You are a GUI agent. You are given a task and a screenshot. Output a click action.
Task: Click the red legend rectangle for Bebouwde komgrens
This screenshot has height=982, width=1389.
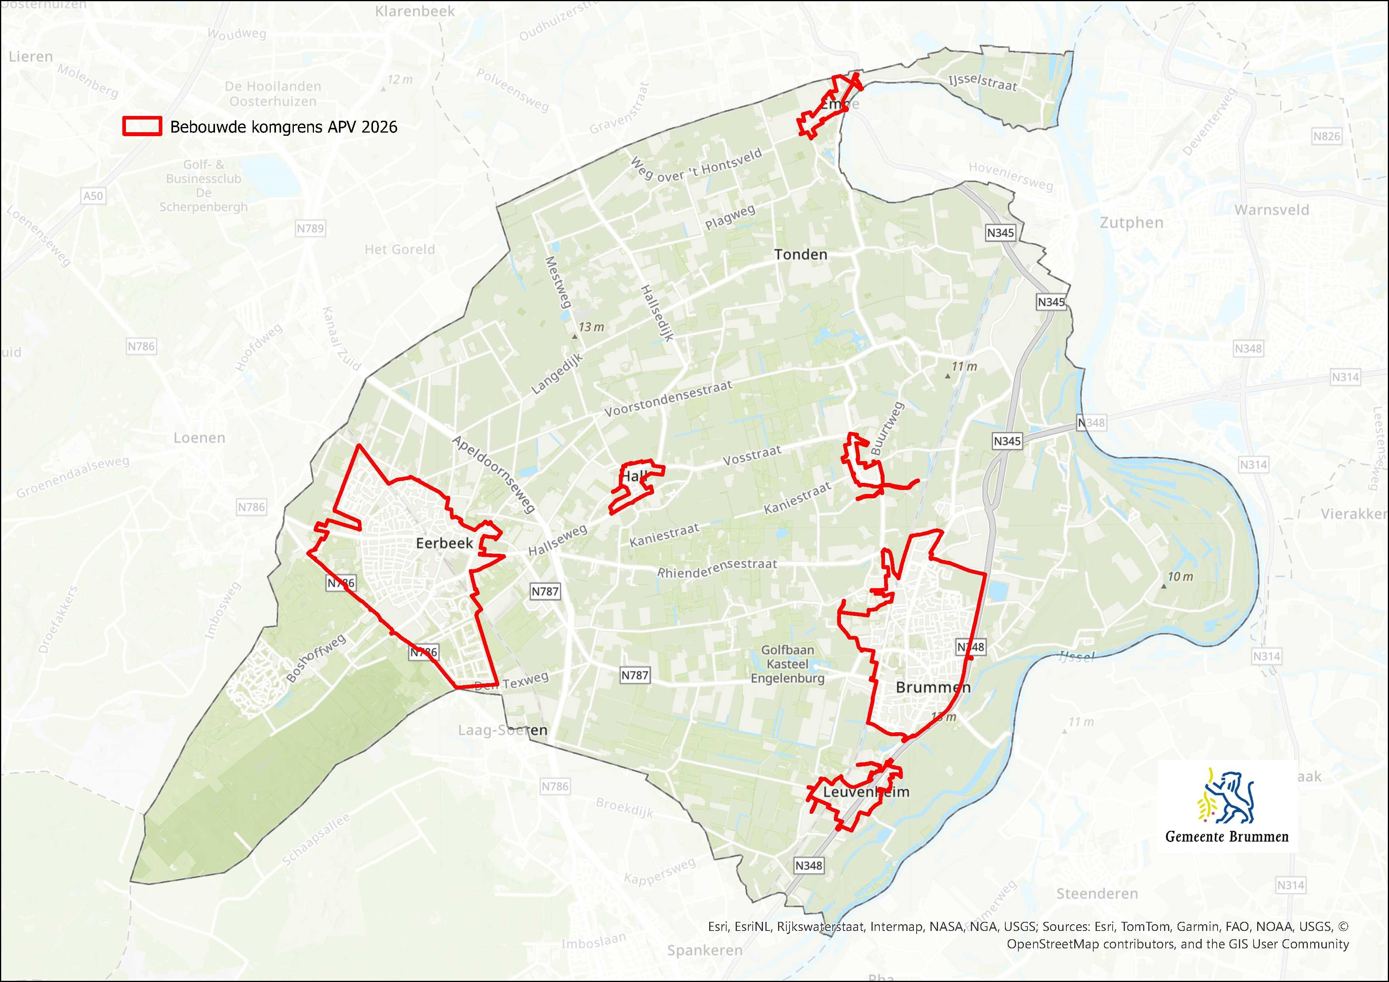click(142, 126)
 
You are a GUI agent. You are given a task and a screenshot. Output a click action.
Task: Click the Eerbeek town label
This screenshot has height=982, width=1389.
click(444, 543)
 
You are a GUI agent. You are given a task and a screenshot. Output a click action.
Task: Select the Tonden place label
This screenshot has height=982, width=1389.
click(800, 255)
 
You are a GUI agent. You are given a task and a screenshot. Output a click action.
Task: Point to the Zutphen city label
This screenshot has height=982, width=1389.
click(1131, 222)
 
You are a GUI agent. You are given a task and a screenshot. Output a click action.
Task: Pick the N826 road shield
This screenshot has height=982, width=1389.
click(1326, 136)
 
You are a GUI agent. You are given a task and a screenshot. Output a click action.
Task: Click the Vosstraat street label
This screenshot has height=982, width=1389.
click(752, 455)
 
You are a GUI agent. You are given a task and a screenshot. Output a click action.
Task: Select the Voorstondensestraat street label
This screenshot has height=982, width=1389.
click(668, 399)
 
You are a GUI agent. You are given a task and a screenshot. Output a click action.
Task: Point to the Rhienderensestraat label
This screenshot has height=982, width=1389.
click(717, 568)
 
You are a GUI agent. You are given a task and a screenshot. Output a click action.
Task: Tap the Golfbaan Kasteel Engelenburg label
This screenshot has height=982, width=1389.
click(787, 664)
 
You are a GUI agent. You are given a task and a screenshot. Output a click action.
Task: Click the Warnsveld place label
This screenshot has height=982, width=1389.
click(1272, 210)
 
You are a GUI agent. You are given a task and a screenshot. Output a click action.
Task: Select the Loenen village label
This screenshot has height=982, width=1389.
click(199, 438)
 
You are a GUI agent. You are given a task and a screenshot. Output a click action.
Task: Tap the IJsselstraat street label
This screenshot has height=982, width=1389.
click(982, 82)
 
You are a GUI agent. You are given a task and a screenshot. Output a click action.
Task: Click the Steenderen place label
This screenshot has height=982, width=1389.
click(1097, 893)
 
